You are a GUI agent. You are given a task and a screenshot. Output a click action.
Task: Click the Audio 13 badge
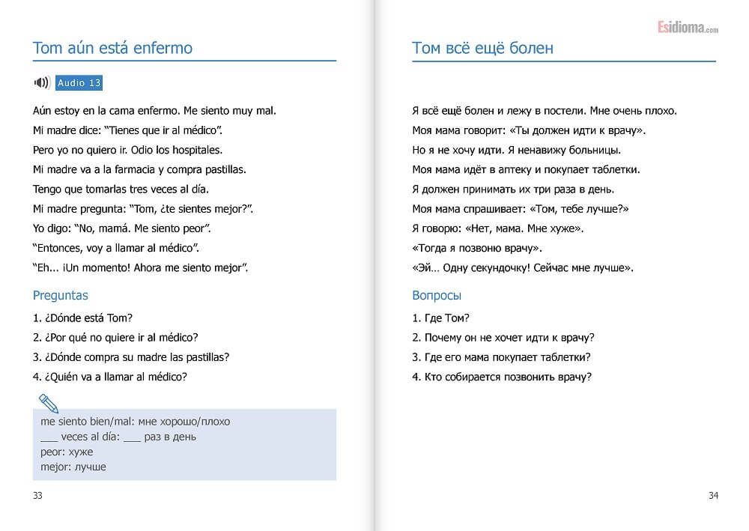[79, 83]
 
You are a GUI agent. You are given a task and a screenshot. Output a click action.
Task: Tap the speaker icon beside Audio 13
[42, 83]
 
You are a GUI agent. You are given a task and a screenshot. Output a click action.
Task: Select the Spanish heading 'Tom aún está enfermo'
[112, 49]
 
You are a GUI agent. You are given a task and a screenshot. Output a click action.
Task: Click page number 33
[38, 495]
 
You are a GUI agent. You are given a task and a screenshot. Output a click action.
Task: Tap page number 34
[713, 495]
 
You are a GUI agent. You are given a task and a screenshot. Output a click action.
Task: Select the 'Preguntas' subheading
[61, 295]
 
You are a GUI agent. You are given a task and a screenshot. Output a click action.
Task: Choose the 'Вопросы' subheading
[437, 295]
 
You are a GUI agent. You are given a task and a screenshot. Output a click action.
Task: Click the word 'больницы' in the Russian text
[598, 150]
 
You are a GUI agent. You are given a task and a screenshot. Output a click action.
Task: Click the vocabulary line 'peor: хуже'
[67, 452]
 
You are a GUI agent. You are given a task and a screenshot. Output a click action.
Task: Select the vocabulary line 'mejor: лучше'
[73, 467]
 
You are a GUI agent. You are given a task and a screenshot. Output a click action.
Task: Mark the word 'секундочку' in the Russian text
[500, 267]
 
